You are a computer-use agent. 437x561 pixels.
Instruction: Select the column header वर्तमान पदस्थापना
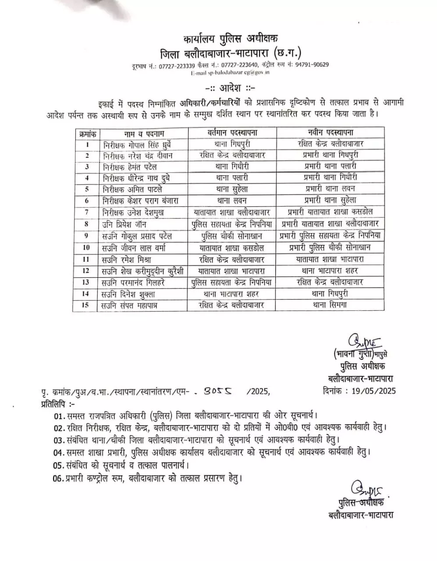pos(232,133)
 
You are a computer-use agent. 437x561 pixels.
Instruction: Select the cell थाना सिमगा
pos(330,305)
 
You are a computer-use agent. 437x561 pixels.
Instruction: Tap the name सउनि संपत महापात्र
pos(129,305)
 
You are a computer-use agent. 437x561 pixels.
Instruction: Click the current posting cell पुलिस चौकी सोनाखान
pos(232,236)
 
